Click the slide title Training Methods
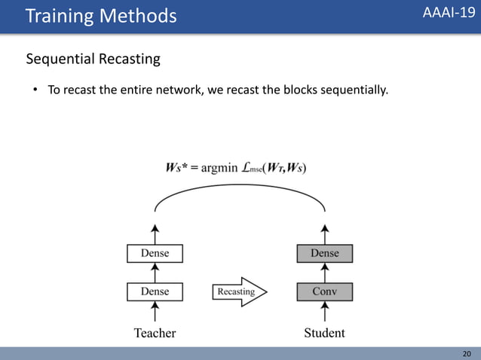101,15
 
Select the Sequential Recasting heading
93,59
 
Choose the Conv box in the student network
324,291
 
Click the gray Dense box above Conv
324,254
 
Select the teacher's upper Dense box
155,254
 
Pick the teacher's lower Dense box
155,291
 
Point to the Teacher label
155,333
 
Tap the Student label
324,333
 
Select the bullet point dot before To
34,91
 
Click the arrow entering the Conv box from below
324,310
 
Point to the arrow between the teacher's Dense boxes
155,273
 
